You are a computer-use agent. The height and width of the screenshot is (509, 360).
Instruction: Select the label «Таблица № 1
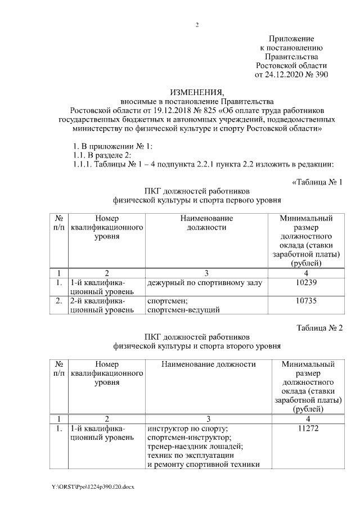click(317, 182)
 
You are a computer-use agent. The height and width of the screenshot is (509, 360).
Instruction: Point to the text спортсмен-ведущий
click(183, 310)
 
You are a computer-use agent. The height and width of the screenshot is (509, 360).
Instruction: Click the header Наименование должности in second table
click(208, 364)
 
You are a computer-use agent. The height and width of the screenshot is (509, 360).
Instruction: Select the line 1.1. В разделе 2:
click(98, 155)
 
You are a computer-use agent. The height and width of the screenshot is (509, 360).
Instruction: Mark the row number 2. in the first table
click(58, 301)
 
